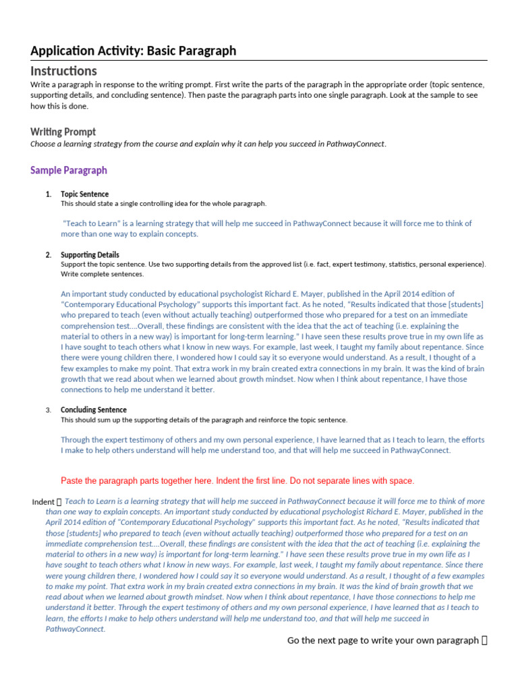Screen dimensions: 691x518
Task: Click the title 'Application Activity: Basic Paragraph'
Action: pyautogui.click(x=133, y=51)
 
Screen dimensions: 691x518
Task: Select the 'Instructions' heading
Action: pyautogui.click(x=63, y=71)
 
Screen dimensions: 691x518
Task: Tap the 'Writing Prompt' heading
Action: pyautogui.click(x=63, y=132)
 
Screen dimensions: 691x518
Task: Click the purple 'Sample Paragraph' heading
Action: pyautogui.click(x=68, y=170)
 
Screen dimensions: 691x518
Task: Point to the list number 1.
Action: pyautogui.click(x=48, y=194)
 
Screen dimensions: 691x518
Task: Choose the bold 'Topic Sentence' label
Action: pyautogui.click(x=84, y=194)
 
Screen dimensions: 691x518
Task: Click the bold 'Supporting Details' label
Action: pyautogui.click(x=90, y=255)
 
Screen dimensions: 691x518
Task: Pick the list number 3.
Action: pyautogui.click(x=49, y=410)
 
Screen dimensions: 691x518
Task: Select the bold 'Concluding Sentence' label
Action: pyautogui.click(x=93, y=410)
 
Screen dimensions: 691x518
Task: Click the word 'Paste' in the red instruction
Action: pyautogui.click(x=72, y=481)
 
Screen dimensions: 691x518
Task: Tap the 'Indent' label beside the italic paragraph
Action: pyautogui.click(x=43, y=502)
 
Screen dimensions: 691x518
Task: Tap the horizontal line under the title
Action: pyautogui.click(x=259, y=61)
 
